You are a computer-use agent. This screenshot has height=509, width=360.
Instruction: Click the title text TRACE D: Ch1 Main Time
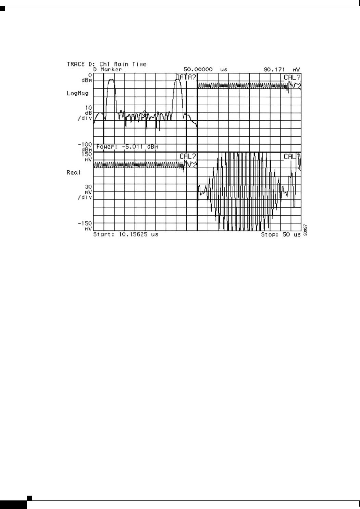point(107,64)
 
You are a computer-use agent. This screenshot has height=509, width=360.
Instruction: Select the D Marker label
point(108,69)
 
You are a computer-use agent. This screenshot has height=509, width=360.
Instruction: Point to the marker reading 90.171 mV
point(282,69)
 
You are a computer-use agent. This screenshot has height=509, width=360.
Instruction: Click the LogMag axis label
point(77,93)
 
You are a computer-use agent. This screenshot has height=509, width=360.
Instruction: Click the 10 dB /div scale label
point(86,113)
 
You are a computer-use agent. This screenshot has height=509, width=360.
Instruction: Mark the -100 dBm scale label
point(85,147)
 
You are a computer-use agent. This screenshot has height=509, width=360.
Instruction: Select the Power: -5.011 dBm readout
point(127,147)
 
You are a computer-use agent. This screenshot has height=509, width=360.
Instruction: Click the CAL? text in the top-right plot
point(292,77)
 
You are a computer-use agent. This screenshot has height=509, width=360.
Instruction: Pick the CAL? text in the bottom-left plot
point(188,157)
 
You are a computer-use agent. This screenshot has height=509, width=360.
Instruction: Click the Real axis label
point(74,172)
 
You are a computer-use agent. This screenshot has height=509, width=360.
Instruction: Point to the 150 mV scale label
point(87,157)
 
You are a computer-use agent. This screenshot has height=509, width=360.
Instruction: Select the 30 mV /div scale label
point(86,192)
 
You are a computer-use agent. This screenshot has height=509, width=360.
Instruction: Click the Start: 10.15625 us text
point(126,234)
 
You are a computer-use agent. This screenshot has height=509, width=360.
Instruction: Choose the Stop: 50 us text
point(281,234)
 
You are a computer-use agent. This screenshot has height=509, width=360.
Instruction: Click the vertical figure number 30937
point(305,230)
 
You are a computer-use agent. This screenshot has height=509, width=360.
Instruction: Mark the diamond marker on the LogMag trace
point(145,112)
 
